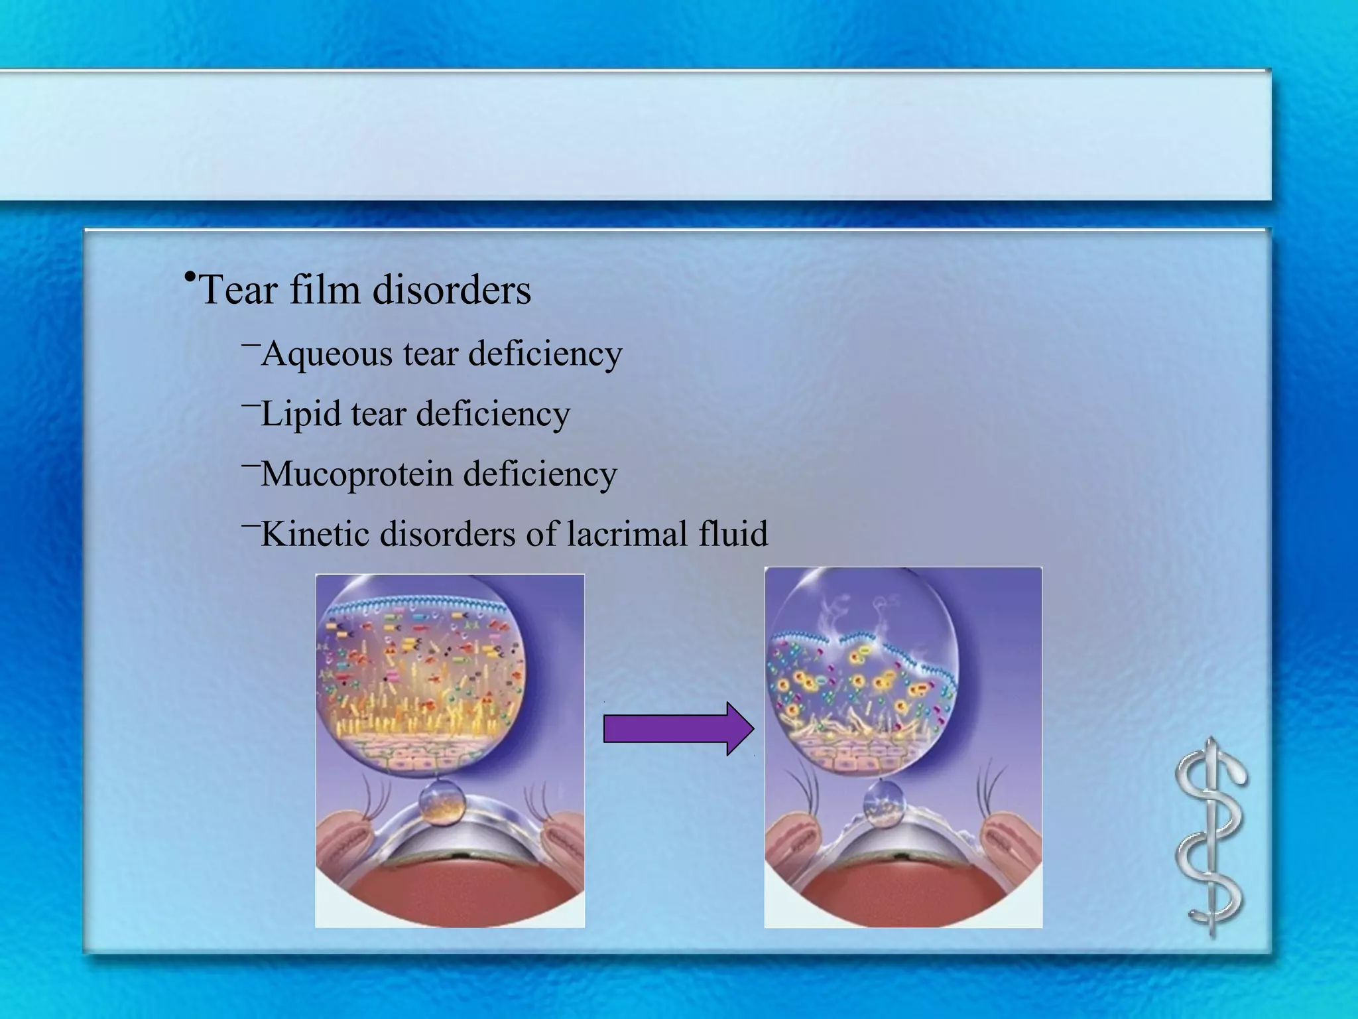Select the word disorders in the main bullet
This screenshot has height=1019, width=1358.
[452, 291]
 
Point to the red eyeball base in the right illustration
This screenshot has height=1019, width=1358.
[902, 896]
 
